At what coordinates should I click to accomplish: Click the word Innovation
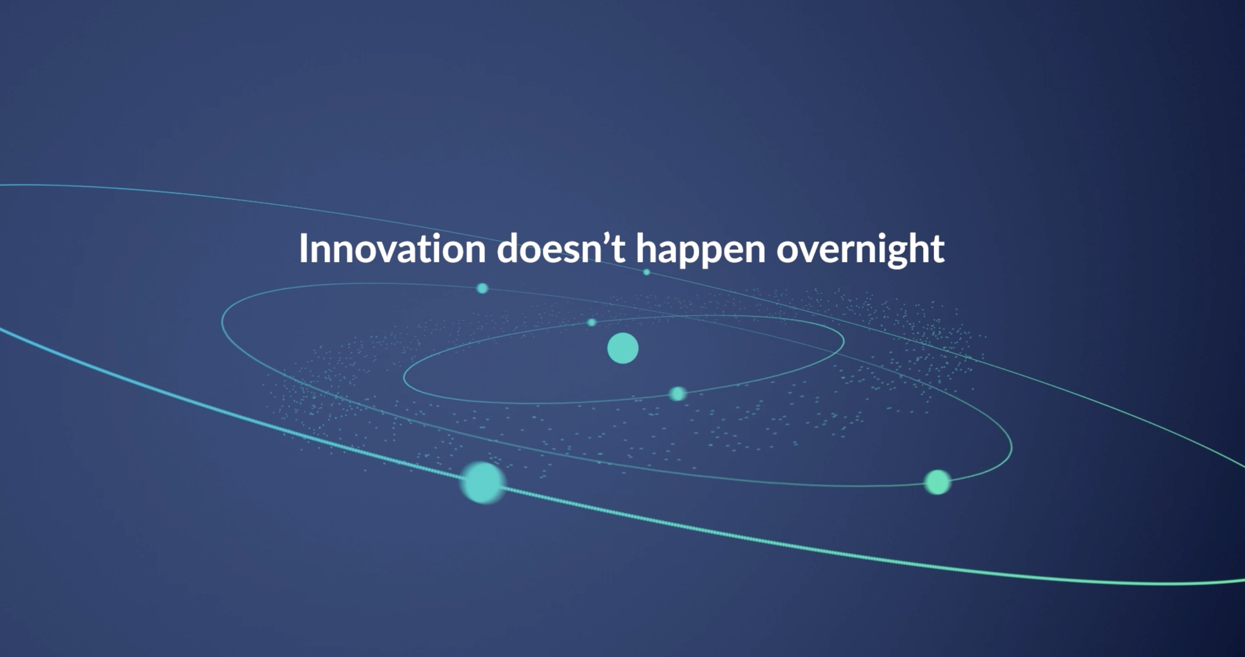click(392, 248)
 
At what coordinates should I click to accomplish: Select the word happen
click(701, 251)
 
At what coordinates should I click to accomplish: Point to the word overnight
click(861, 251)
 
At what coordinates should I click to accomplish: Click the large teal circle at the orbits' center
click(622, 348)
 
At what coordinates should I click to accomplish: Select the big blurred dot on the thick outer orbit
click(483, 482)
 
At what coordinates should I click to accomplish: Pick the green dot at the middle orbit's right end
click(937, 482)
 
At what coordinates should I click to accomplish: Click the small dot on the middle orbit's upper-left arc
click(482, 288)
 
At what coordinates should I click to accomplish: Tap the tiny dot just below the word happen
click(647, 272)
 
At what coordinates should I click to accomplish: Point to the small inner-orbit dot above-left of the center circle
click(592, 322)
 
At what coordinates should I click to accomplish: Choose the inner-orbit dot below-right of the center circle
click(677, 394)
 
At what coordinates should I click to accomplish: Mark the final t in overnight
click(937, 250)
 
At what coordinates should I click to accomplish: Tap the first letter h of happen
click(647, 248)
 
